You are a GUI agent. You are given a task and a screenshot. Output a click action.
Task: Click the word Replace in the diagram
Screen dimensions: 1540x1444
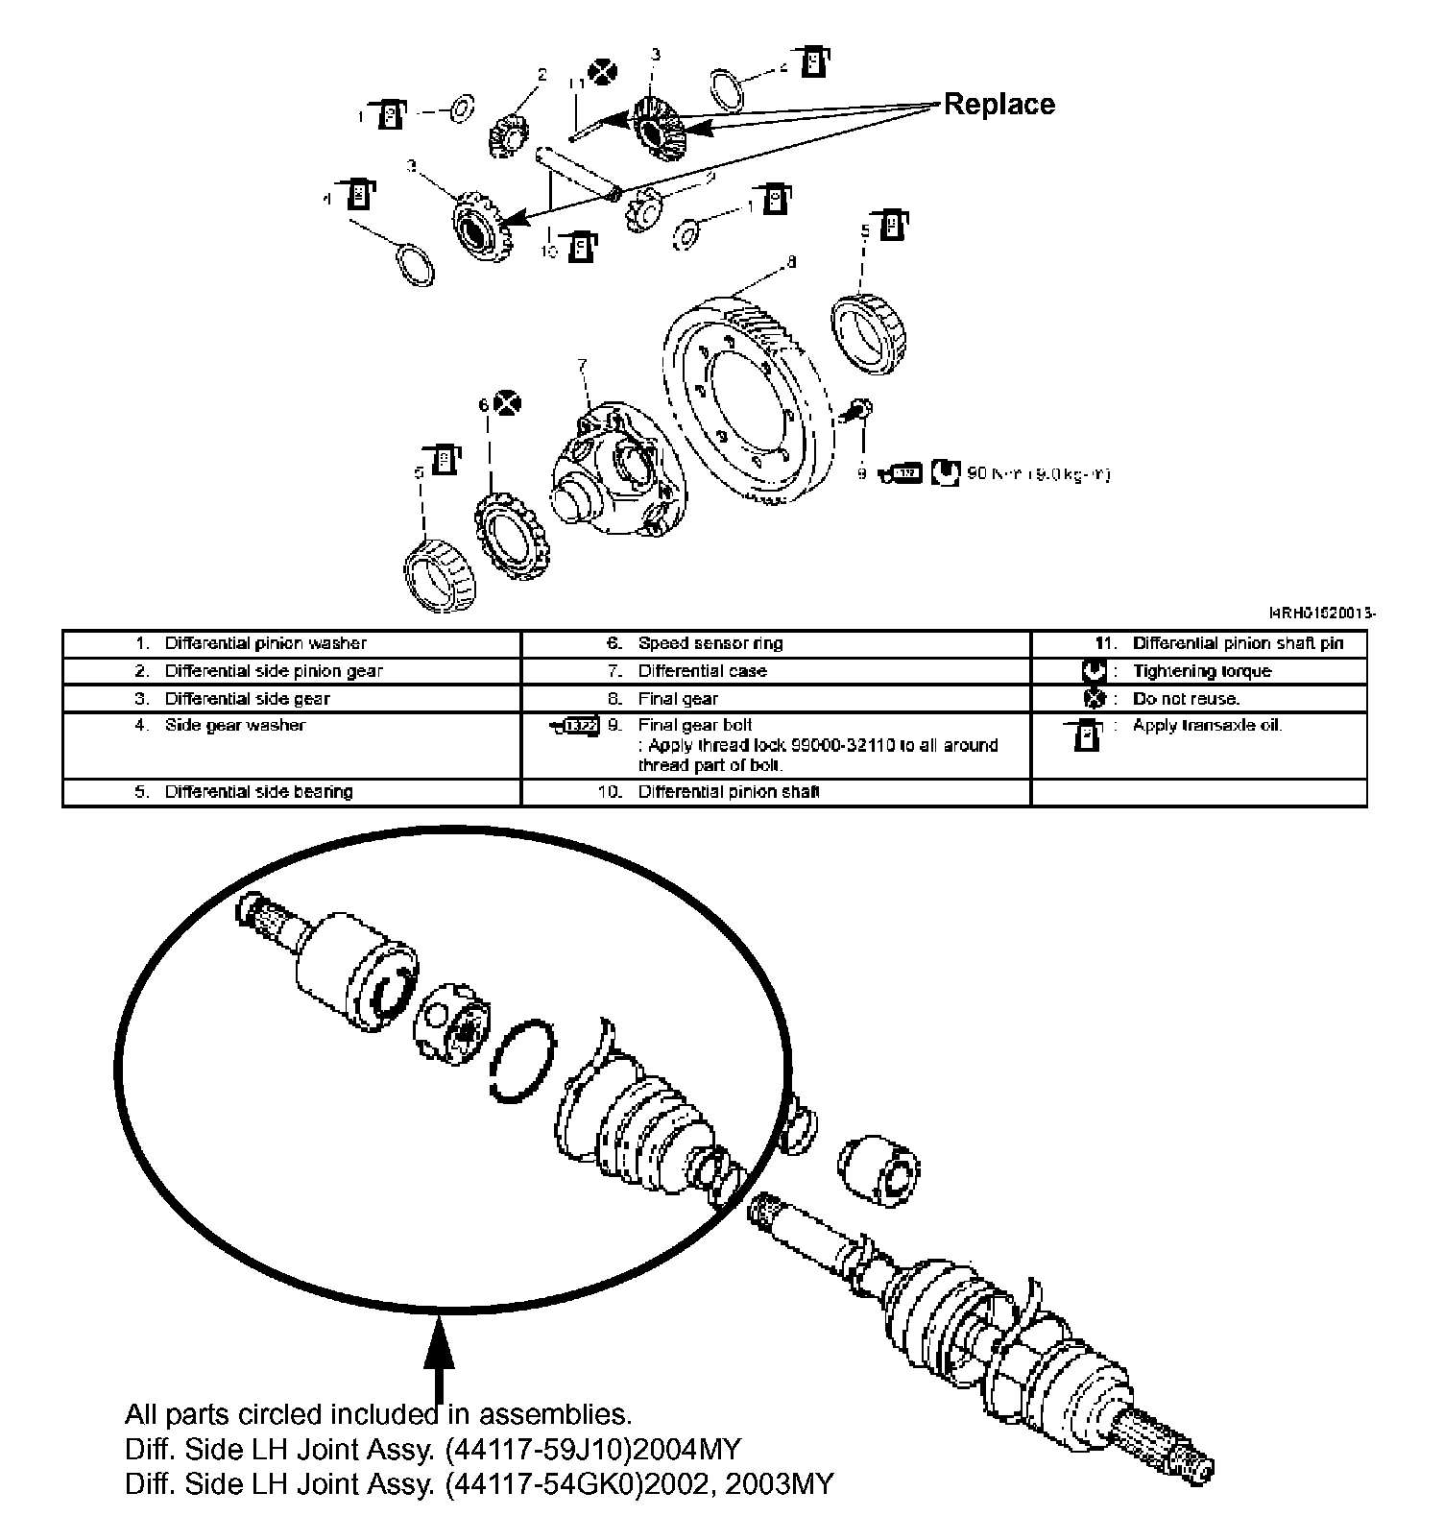999,104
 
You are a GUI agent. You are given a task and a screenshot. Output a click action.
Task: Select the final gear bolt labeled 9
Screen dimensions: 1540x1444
858,412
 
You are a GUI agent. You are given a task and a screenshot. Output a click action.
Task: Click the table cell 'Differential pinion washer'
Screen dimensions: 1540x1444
265,643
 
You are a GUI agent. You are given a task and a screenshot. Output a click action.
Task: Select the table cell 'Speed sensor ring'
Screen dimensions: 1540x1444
710,643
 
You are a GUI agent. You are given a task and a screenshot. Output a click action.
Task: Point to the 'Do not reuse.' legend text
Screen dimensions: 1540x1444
1186,698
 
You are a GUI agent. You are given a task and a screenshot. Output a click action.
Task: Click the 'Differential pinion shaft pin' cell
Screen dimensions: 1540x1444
1238,643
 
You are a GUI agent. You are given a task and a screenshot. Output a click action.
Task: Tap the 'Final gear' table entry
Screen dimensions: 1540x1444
678,698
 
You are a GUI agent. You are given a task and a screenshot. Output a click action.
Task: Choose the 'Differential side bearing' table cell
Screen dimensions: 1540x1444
258,791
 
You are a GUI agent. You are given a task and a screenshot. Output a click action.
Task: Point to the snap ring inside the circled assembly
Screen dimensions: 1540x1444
522,1062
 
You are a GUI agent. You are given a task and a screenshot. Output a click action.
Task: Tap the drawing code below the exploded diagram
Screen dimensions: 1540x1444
1322,613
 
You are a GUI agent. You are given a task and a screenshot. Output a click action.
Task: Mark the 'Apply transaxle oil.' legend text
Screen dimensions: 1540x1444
1207,725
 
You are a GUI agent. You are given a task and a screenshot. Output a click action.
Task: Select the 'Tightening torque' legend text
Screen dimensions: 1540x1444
1201,670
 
